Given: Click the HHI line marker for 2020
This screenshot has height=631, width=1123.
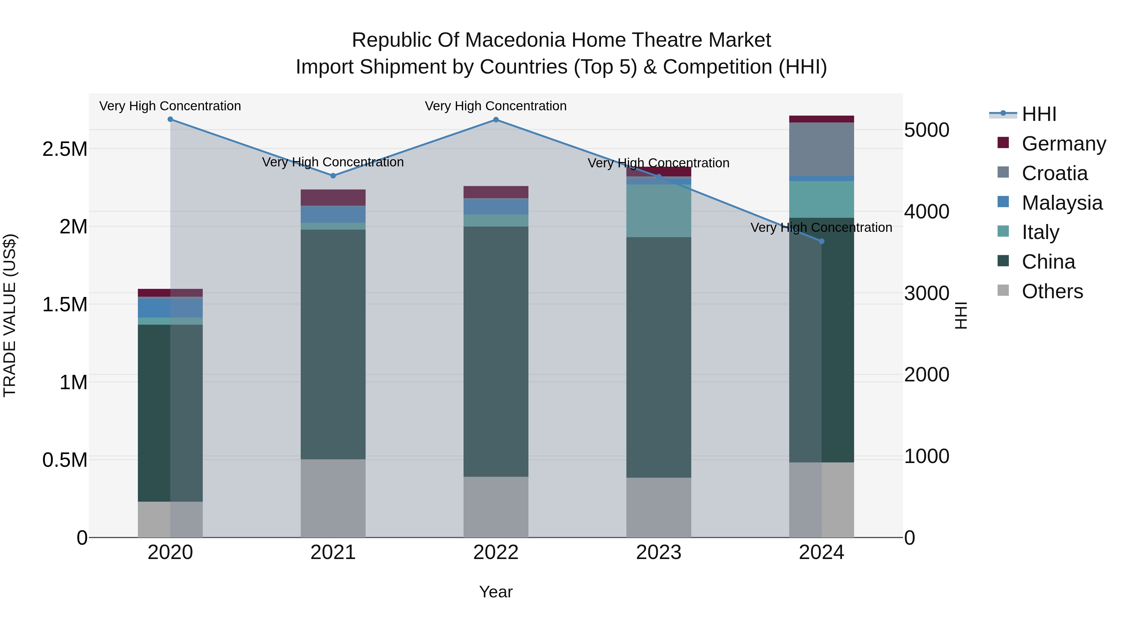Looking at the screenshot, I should tap(170, 119).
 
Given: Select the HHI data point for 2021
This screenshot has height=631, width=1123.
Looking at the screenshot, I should tap(333, 176).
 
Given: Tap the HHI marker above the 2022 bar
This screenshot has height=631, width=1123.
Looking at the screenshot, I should tap(496, 120).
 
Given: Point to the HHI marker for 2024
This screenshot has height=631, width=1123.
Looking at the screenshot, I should tap(822, 241).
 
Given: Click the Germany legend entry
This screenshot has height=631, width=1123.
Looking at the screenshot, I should tap(1063, 144).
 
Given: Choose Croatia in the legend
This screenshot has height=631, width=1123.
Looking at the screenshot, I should tap(1054, 173).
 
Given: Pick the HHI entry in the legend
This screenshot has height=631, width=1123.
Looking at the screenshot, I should tap(1038, 114).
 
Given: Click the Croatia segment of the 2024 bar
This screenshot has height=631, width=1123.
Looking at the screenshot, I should tap(822, 149).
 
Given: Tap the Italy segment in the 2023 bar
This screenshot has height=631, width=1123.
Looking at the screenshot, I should tap(659, 211).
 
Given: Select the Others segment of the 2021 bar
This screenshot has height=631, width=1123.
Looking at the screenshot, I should tap(333, 498).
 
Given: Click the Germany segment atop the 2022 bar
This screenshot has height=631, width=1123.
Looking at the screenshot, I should tap(496, 192).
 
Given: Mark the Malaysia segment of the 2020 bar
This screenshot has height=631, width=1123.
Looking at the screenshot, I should tap(170, 308).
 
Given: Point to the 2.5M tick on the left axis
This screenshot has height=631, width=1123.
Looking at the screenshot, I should tap(65, 149).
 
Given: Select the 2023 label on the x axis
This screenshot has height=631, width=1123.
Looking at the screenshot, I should tap(658, 552).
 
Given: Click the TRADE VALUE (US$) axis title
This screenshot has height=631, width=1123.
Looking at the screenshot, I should tap(10, 315).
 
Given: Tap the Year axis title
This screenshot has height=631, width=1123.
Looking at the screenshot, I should tap(496, 592).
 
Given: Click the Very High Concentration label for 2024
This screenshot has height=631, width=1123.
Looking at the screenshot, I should tap(821, 227).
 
